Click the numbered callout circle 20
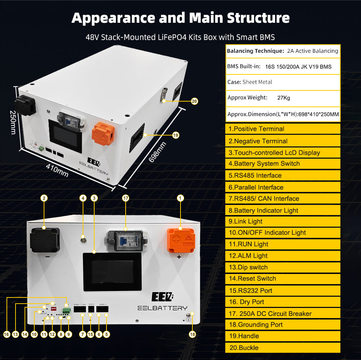(x=194, y=101)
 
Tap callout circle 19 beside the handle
(x=176, y=135)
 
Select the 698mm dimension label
(x=157, y=152)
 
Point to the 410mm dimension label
(x=57, y=170)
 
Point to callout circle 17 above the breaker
(x=125, y=198)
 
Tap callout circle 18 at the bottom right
(x=192, y=334)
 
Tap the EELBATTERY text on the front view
(x=162, y=308)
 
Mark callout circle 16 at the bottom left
(x=6, y=334)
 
